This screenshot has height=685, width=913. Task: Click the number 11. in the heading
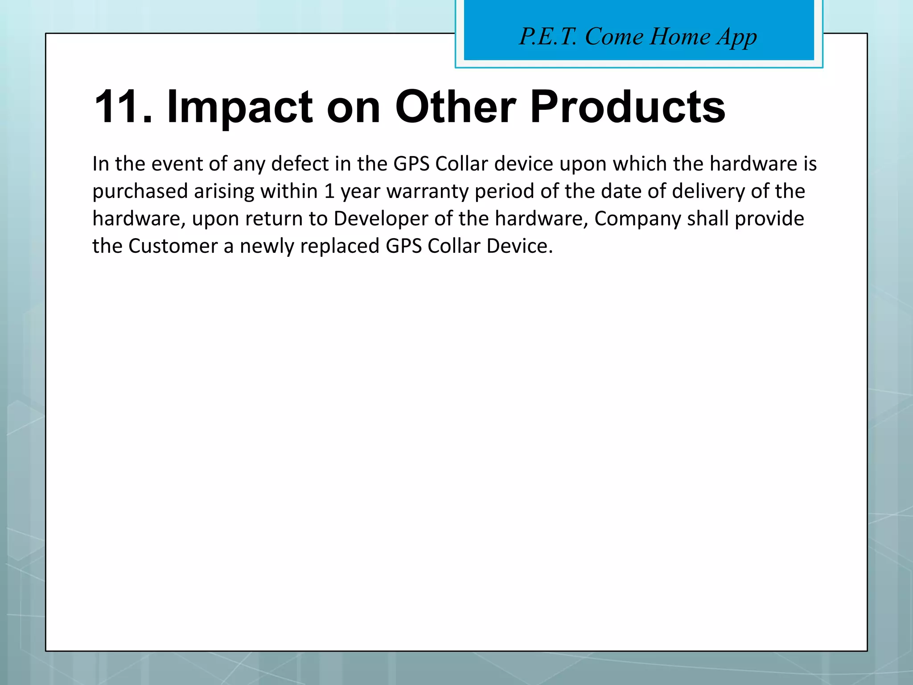(123, 107)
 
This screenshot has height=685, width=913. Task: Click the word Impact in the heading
(239, 107)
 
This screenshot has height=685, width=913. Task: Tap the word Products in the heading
(628, 107)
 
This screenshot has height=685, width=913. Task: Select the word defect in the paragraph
(300, 164)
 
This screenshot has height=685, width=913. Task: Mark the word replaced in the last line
(340, 246)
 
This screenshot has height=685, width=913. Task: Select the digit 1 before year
(329, 191)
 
